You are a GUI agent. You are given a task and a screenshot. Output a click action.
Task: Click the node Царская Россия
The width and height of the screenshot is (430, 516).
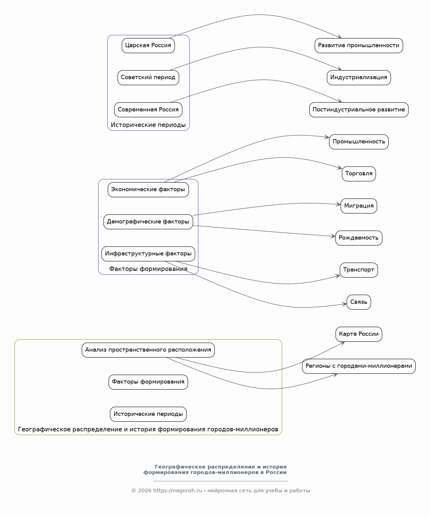pos(148,46)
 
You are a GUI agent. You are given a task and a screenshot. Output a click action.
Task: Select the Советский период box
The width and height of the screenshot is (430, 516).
pos(148,78)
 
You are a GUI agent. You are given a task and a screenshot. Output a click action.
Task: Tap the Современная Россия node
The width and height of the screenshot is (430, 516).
pos(148,110)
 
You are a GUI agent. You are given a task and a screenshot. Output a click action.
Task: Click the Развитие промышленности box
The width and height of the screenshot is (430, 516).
pos(359,46)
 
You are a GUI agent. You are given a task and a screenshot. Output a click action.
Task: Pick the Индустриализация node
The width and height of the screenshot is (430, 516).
pos(359,78)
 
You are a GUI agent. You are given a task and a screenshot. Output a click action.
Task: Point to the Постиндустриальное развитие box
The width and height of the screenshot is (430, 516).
pos(359,110)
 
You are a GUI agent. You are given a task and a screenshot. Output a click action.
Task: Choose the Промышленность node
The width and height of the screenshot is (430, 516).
pos(359,142)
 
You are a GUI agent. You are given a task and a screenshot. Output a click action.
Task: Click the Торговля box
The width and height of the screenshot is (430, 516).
pos(359,174)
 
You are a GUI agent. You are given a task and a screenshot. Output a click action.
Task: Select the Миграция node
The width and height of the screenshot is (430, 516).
pos(359,206)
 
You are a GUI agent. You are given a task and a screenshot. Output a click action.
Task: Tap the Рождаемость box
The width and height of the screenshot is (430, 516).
pos(359,238)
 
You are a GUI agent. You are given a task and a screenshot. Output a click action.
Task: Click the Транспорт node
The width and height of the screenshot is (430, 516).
pos(359,270)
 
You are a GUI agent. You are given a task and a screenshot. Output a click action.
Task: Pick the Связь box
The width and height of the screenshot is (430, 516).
pos(359,302)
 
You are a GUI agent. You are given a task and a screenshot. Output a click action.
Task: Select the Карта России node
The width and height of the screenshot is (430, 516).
pos(359,334)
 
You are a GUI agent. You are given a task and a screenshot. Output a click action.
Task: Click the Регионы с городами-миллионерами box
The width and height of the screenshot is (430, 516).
pos(359,366)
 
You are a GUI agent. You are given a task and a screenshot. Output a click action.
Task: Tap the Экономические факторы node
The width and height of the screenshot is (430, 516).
pos(148,190)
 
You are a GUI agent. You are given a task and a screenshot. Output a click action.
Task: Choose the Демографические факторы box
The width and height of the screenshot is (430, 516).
pos(148,222)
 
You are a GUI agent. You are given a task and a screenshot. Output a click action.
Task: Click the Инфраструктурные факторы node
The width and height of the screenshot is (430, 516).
pos(148,254)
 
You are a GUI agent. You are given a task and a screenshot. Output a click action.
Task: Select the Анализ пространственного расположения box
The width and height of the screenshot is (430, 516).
pos(148,350)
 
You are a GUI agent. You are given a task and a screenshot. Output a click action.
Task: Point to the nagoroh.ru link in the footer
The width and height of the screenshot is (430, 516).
pos(178,490)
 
